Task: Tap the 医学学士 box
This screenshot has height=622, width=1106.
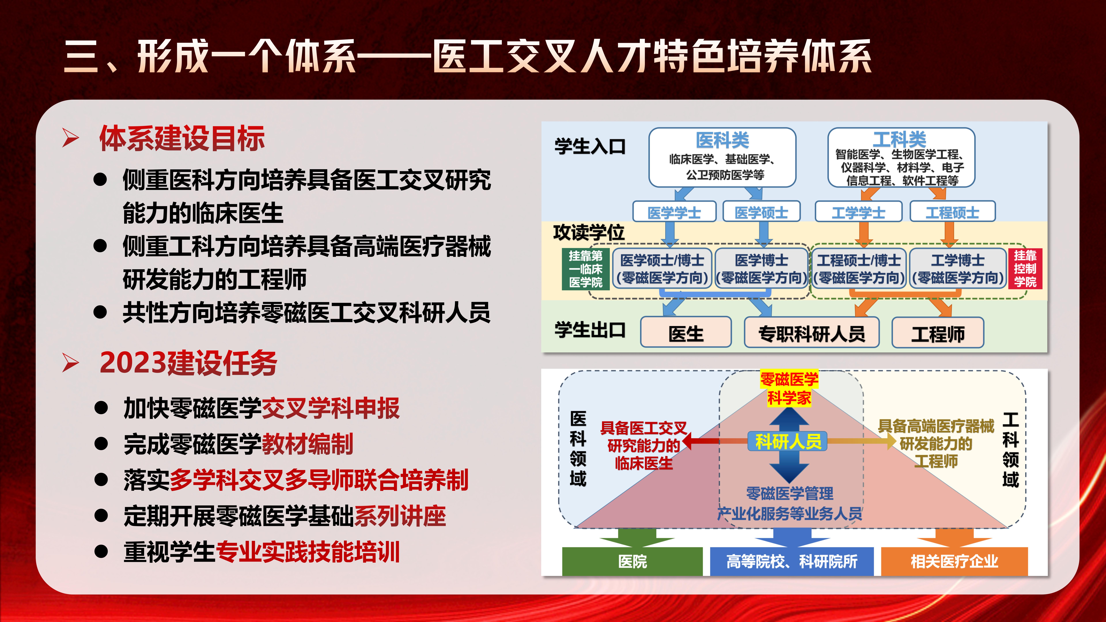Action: pos(674,212)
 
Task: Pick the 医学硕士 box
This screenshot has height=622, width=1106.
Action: pos(761,212)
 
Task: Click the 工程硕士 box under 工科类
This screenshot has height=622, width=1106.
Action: pos(952,212)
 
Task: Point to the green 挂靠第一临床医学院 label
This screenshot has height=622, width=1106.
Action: pos(586,269)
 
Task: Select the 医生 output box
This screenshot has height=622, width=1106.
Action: pos(686,333)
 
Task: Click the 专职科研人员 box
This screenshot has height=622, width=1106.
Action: pos(811,333)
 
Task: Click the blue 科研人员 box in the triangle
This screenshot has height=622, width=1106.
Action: pos(788,441)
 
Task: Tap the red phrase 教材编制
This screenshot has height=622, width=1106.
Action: pos(307,444)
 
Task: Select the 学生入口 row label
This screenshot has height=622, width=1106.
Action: pos(590,146)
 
